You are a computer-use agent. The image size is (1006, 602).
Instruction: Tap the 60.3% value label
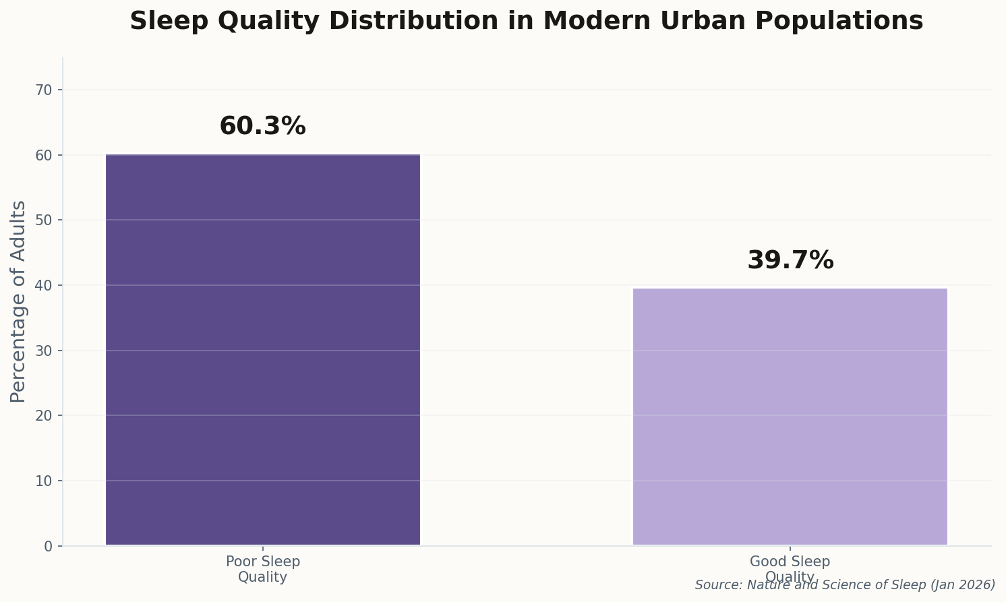pos(263,127)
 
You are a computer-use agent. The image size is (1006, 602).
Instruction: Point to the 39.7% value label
pos(790,261)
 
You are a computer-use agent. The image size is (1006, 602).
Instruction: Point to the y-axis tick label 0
pos(49,546)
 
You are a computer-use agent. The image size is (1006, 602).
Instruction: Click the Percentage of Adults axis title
pos(19,301)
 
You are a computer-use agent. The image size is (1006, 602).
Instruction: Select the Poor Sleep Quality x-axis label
pos(263,570)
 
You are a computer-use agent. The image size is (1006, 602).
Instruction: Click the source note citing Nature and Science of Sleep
pos(845,585)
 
